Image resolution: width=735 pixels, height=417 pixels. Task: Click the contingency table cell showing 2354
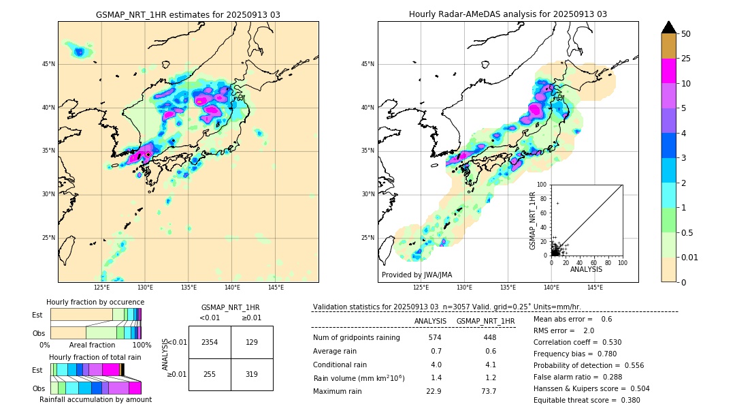click(x=210, y=342)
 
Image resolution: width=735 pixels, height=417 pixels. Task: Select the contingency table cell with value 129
click(x=252, y=342)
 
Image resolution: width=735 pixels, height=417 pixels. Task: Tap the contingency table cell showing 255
click(x=210, y=374)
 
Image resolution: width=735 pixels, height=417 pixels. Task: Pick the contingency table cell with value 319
click(x=252, y=374)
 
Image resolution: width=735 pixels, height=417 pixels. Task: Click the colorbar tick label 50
click(x=686, y=34)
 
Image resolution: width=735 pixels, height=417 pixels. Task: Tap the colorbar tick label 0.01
click(x=690, y=257)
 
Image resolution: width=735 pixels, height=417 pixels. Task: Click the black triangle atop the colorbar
click(x=668, y=27)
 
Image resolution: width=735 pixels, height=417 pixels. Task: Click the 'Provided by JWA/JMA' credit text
click(x=416, y=275)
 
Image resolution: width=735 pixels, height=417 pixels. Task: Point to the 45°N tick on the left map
click(x=48, y=64)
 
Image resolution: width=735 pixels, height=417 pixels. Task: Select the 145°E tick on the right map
click(x=595, y=288)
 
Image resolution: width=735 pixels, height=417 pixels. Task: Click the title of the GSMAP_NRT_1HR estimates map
click(x=188, y=14)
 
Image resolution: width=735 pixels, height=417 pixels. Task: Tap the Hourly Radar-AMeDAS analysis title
click(x=508, y=14)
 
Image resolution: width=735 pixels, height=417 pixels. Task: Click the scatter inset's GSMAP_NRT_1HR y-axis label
click(x=533, y=220)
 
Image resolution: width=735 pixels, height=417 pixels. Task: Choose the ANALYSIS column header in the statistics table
click(x=430, y=321)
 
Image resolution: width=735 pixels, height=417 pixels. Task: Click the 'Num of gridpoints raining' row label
click(x=356, y=337)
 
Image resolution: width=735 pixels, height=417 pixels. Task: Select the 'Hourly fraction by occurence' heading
click(x=95, y=302)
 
